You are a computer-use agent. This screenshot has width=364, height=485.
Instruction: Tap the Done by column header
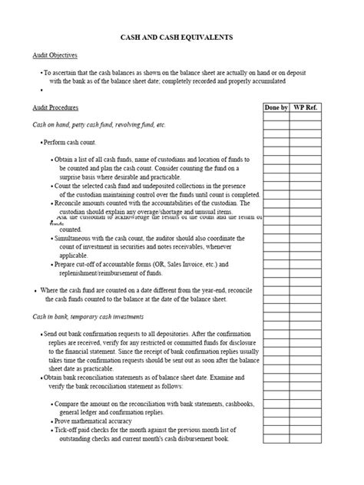[x=276, y=108]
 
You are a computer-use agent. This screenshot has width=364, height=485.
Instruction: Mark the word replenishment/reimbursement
[x=101, y=273]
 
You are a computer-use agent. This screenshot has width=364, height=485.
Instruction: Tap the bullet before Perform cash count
[x=41, y=144]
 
